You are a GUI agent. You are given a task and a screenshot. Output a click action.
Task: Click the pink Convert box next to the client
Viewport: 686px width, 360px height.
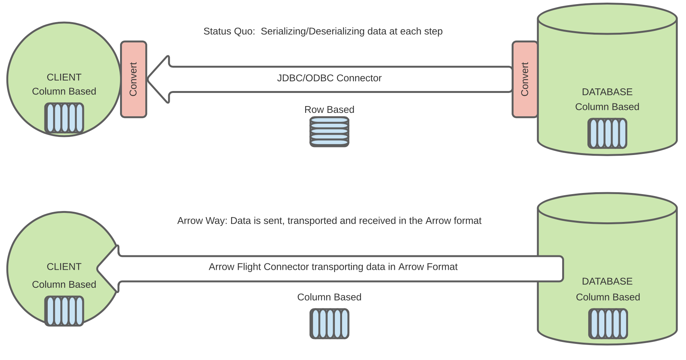click(134, 79)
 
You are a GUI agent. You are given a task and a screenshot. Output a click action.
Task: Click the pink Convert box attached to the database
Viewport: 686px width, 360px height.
click(525, 79)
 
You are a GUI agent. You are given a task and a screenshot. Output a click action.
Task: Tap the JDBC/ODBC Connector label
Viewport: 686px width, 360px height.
click(329, 78)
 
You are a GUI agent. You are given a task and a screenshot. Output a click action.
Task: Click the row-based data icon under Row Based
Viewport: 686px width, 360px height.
click(329, 132)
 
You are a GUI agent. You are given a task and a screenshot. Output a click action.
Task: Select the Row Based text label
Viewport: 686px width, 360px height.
click(329, 109)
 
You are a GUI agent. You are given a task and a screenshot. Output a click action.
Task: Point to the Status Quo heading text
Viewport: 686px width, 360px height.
click(323, 31)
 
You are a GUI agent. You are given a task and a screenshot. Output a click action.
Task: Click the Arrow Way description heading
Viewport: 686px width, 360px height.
click(329, 221)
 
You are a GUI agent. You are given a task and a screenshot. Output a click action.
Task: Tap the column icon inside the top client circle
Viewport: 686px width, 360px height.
click(64, 118)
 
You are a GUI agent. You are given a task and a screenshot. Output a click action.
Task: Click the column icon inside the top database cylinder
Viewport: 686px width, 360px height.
click(607, 134)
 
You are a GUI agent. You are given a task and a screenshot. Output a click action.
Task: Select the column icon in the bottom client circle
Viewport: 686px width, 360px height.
click(64, 311)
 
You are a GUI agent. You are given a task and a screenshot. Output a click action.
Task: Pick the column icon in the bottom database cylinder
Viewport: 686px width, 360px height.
click(608, 324)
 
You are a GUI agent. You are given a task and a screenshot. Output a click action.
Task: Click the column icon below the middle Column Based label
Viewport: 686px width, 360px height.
click(329, 324)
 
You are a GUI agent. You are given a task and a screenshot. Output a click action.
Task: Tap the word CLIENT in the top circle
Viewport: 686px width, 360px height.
click(64, 77)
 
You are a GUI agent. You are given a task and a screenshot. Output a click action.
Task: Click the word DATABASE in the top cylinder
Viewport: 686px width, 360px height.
click(607, 92)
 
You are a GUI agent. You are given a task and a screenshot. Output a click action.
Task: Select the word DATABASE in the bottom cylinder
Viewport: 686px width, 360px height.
click(607, 281)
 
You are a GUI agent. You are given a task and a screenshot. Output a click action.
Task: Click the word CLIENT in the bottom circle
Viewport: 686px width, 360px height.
click(64, 267)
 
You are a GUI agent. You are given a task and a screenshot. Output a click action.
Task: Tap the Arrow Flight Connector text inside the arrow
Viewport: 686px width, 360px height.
click(333, 267)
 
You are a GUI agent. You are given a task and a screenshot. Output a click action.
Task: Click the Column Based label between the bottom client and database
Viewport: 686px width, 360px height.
click(329, 297)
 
